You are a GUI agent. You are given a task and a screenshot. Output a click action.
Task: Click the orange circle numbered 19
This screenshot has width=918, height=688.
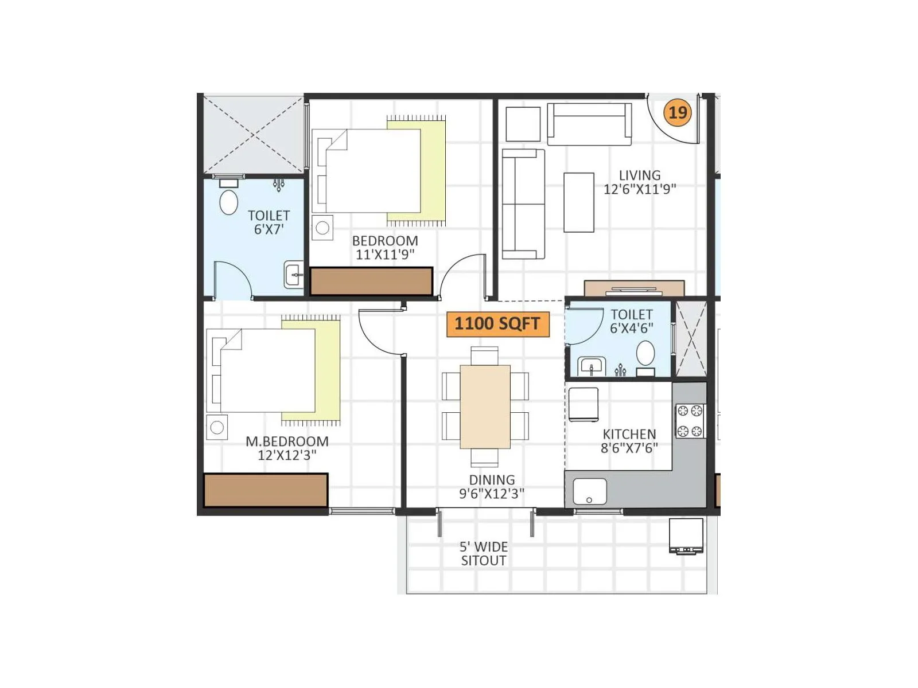(x=678, y=112)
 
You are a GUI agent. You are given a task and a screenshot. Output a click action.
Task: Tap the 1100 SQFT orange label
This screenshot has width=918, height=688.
(x=497, y=323)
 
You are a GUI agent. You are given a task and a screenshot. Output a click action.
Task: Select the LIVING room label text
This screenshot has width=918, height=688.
(x=639, y=175)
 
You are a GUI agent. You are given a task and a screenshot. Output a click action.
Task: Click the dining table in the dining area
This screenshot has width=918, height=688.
(x=485, y=406)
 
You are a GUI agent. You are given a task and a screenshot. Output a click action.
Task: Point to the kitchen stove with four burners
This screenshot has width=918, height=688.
(x=689, y=421)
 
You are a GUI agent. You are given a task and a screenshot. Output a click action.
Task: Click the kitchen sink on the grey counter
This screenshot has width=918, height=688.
(x=589, y=491)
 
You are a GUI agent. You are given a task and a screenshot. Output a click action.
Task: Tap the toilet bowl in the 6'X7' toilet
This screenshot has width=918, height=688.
(x=229, y=202)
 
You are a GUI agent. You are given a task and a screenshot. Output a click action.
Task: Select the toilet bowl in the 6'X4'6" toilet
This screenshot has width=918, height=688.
(x=645, y=353)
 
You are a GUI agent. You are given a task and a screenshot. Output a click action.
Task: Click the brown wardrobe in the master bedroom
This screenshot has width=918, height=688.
(x=266, y=490)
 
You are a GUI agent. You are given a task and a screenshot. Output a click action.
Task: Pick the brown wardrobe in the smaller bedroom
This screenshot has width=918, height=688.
(x=371, y=282)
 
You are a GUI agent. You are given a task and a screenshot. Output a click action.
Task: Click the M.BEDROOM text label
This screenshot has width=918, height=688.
(x=287, y=441)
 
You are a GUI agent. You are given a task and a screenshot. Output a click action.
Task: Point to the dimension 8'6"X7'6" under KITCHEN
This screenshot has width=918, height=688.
(x=629, y=448)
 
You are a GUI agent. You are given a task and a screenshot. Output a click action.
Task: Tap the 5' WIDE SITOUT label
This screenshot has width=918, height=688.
(x=484, y=554)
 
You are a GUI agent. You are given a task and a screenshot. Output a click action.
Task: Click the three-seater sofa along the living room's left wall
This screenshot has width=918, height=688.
(x=523, y=204)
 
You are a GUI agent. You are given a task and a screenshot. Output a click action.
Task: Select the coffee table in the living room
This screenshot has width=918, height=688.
(x=578, y=202)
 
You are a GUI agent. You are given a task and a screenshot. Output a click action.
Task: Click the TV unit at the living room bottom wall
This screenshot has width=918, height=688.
(x=634, y=288)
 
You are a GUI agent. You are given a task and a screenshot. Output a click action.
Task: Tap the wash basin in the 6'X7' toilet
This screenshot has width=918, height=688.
(x=294, y=275)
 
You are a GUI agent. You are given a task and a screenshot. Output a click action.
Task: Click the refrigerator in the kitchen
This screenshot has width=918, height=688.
(x=583, y=405)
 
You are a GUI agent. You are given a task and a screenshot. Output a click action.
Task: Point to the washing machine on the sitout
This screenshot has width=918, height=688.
(x=686, y=535)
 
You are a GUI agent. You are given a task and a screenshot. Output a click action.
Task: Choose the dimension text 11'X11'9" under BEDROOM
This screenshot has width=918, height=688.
(x=384, y=255)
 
